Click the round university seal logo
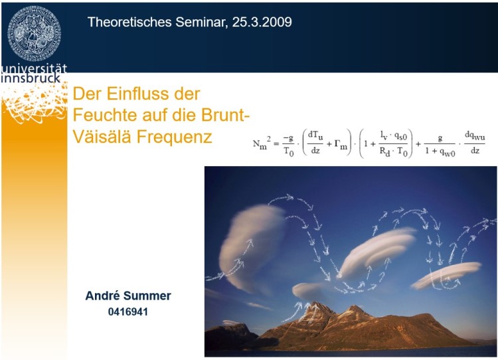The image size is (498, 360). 35,34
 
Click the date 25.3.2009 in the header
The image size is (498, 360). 262,22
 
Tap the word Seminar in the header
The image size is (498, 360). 202,22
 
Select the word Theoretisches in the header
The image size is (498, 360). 129,22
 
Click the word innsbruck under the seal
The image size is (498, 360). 31,78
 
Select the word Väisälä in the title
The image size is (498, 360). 102,136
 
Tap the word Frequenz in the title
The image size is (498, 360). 175,137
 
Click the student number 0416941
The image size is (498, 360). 128,312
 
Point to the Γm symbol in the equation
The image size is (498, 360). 341,145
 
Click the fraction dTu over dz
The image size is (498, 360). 315,142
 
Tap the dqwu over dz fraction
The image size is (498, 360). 475,142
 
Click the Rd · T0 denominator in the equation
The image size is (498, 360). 394,152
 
